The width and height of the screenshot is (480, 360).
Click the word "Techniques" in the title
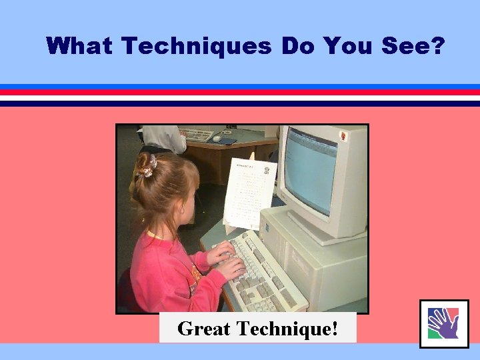pos(197,46)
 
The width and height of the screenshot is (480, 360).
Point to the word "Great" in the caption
pos(204,329)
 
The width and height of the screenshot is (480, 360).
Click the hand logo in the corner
pos(443,323)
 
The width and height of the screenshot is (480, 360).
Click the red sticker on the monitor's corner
pos(344,135)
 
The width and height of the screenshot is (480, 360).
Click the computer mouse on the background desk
pos(217,138)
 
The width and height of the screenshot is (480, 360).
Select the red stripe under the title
pos(240,92)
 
